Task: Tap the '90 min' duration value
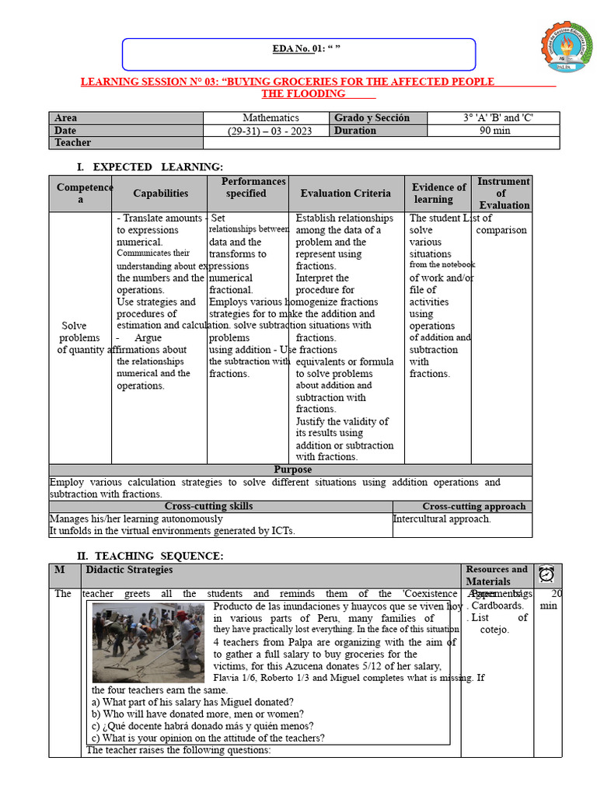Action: [x=494, y=131]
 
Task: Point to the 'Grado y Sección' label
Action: [x=372, y=118]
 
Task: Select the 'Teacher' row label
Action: [x=72, y=143]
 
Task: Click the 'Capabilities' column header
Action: [x=160, y=194]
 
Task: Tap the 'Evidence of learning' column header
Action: [x=438, y=194]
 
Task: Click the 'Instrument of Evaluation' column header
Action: [x=503, y=194]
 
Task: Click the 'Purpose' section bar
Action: [x=292, y=470]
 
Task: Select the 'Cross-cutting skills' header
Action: [x=208, y=507]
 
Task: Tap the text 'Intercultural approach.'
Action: [x=442, y=519]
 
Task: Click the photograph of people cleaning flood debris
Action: [x=148, y=642]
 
